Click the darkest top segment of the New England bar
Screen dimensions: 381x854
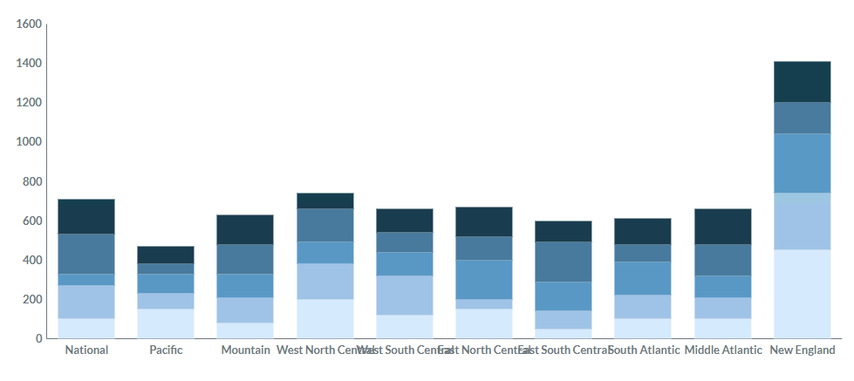[802, 82]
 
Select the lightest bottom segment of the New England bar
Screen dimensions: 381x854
[802, 294]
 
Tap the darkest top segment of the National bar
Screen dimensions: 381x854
[86, 216]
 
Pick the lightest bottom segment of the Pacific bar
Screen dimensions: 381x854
[166, 323]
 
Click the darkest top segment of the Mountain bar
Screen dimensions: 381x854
[245, 229]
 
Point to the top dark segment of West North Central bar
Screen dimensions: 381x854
[325, 201]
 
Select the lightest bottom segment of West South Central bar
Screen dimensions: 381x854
[405, 326]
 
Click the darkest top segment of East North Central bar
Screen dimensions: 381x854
[484, 221]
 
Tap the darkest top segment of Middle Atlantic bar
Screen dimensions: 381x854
[722, 227]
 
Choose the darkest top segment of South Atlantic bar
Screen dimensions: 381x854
[643, 231]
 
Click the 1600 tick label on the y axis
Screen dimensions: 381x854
[30, 24]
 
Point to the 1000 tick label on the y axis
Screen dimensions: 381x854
[30, 142]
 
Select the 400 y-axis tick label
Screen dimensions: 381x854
[32, 260]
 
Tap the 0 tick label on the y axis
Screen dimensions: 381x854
[38, 338]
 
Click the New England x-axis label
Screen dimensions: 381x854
[802, 350]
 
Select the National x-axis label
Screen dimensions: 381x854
[86, 350]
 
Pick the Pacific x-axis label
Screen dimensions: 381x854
[166, 350]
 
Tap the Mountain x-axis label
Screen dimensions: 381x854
[245, 350]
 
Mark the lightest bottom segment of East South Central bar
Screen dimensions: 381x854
[564, 333]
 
